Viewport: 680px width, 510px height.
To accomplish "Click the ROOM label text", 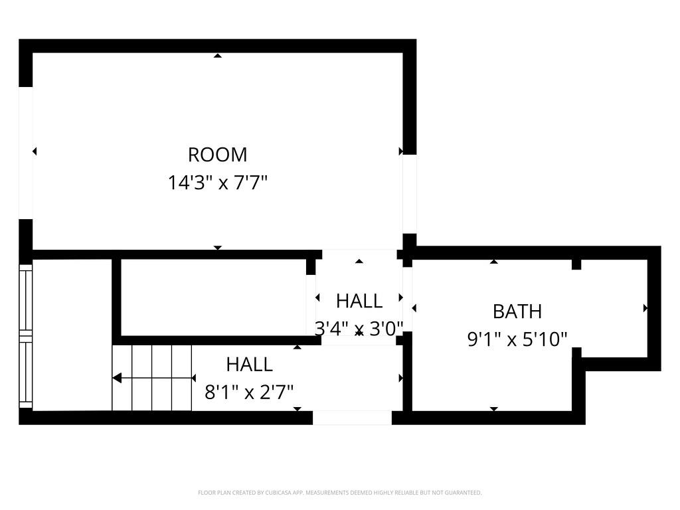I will [x=217, y=155].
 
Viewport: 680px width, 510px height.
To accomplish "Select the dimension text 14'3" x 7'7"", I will [x=217, y=183].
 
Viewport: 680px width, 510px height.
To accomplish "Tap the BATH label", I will [x=517, y=311].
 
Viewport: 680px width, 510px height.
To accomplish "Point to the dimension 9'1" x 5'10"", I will [x=517, y=339].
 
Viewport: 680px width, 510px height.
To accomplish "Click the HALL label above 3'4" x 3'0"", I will [x=359, y=301].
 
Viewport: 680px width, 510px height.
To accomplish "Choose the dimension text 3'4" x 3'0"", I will [x=359, y=329].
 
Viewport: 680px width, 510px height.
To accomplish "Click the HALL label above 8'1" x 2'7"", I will [x=249, y=364].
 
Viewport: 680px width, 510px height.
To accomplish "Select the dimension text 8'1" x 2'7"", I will [x=249, y=392].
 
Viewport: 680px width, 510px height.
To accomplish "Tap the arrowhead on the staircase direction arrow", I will [x=117, y=378].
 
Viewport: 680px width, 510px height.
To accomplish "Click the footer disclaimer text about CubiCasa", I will [x=339, y=493].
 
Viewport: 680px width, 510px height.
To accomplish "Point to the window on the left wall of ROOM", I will [x=25, y=153].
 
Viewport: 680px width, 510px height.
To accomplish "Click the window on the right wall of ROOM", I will [x=410, y=194].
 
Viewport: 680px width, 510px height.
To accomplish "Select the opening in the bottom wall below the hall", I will [x=352, y=418].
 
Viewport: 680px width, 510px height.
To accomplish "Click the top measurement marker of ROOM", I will [x=217, y=56].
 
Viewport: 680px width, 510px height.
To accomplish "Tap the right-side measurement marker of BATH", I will [x=645, y=308].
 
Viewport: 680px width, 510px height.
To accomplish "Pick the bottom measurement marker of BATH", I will [x=493, y=408].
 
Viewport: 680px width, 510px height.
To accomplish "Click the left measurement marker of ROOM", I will [x=35, y=151].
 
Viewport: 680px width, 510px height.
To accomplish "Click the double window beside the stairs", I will [x=25, y=335].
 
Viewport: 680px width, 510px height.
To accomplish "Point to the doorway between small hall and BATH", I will [x=408, y=299].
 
